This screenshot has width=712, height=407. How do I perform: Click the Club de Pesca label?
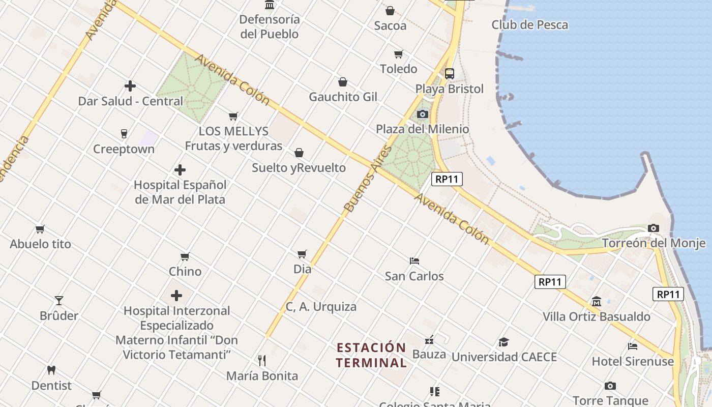pyautogui.click(x=529, y=24)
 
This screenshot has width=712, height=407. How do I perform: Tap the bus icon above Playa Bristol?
pyautogui.click(x=450, y=74)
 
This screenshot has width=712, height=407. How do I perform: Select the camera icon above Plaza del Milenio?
pyautogui.click(x=423, y=114)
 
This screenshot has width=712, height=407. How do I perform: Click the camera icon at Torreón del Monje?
pyautogui.click(x=654, y=228)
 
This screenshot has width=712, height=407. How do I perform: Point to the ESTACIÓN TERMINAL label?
pyautogui.click(x=372, y=355)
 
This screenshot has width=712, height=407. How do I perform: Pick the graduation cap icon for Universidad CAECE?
pyautogui.click(x=503, y=342)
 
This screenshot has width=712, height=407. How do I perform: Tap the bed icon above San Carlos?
pyautogui.click(x=414, y=261)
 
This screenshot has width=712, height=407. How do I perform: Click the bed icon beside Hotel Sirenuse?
pyautogui.click(x=633, y=346)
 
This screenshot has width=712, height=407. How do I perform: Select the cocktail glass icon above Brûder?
pyautogui.click(x=59, y=300)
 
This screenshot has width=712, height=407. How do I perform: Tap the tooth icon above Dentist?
pyautogui.click(x=51, y=370)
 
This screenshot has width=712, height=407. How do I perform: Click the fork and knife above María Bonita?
pyautogui.click(x=262, y=361)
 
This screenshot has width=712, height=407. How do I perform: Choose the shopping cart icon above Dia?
pyautogui.click(x=302, y=253)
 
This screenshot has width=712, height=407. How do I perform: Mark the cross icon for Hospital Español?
pyautogui.click(x=180, y=170)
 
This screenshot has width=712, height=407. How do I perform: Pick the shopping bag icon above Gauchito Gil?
pyautogui.click(x=343, y=82)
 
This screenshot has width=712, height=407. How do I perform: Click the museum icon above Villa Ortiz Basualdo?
pyautogui.click(x=597, y=302)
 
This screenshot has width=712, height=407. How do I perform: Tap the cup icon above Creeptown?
pyautogui.click(x=124, y=134)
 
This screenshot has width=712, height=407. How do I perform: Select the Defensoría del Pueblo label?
pyautogui.click(x=270, y=27)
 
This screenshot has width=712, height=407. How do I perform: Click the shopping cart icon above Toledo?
pyautogui.click(x=399, y=54)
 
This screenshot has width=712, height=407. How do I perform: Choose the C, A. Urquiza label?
pyautogui.click(x=321, y=307)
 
